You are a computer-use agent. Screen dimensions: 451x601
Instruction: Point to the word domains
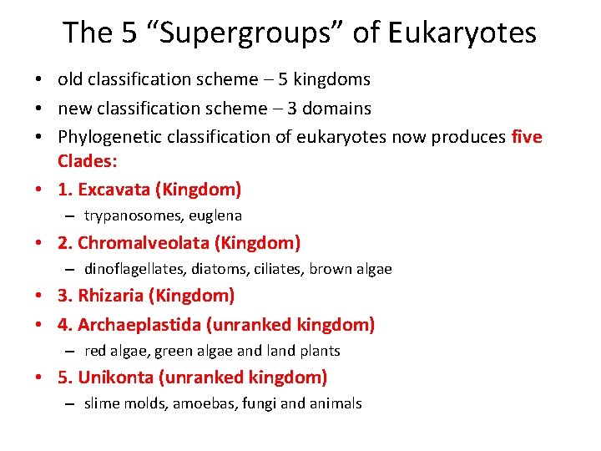[x=338, y=108]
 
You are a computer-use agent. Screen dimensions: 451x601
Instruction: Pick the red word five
[x=526, y=136]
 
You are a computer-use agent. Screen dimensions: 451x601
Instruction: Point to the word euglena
[x=215, y=215]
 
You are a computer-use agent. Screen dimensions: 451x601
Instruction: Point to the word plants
[x=319, y=351]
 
